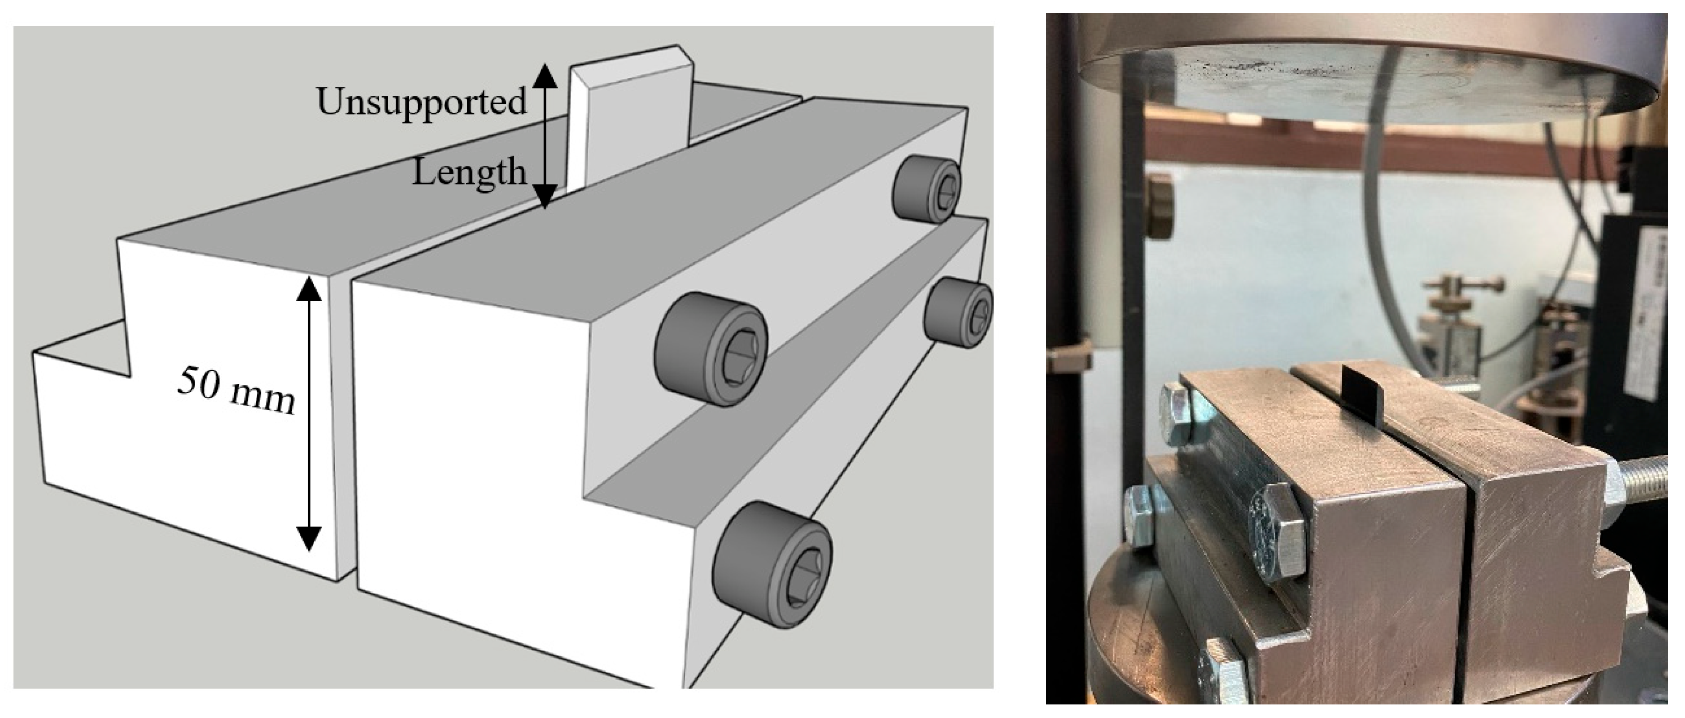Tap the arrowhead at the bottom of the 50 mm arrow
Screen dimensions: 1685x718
click(309, 539)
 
